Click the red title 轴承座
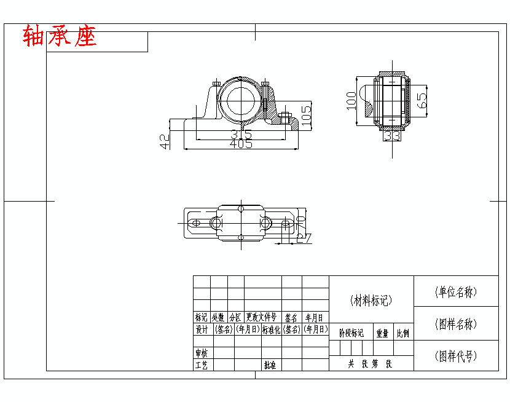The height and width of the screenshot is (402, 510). pyautogui.click(x=60, y=37)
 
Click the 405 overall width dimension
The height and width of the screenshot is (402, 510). pyautogui.click(x=241, y=144)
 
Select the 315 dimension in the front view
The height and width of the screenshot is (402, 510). pyautogui.click(x=241, y=134)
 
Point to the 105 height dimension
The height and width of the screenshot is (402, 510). pyautogui.click(x=306, y=113)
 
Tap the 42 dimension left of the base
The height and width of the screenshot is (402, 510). pyautogui.click(x=165, y=142)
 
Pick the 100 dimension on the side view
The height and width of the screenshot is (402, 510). pyautogui.click(x=351, y=100)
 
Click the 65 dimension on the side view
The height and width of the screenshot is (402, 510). pyautogui.click(x=422, y=100)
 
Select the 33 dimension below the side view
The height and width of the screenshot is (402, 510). pyautogui.click(x=392, y=135)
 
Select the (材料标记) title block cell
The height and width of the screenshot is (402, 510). pyautogui.click(x=371, y=301)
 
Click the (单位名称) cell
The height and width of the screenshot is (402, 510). pyautogui.click(x=455, y=292)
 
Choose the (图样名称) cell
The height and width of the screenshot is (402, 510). pyautogui.click(x=455, y=324)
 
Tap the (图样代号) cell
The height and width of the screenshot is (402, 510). pyautogui.click(x=455, y=356)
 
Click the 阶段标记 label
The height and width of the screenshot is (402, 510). pyautogui.click(x=351, y=333)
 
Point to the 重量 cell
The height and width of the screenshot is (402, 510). pyautogui.click(x=382, y=333)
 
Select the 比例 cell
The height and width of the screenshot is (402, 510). pyautogui.click(x=403, y=333)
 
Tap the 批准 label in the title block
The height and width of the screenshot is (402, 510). pyautogui.click(x=270, y=365)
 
